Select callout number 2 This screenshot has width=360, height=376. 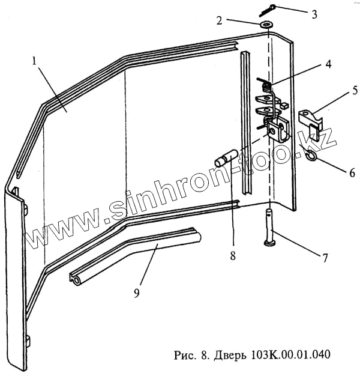pos(220,20)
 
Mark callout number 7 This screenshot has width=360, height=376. pos(324,258)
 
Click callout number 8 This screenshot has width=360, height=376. pos(232,255)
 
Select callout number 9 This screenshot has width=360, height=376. pos(137,293)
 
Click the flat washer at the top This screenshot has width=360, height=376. pos(266,25)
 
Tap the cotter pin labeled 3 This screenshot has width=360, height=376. pos(268,10)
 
